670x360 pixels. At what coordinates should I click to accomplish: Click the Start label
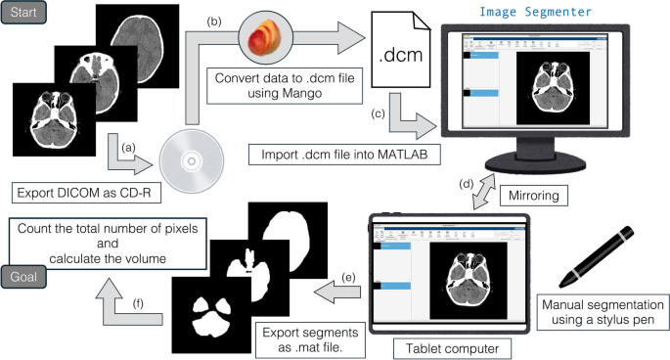pyautogui.click(x=21, y=14)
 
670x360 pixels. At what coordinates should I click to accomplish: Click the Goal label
pyautogui.click(x=20, y=276)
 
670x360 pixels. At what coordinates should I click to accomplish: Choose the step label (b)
pyautogui.click(x=213, y=19)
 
